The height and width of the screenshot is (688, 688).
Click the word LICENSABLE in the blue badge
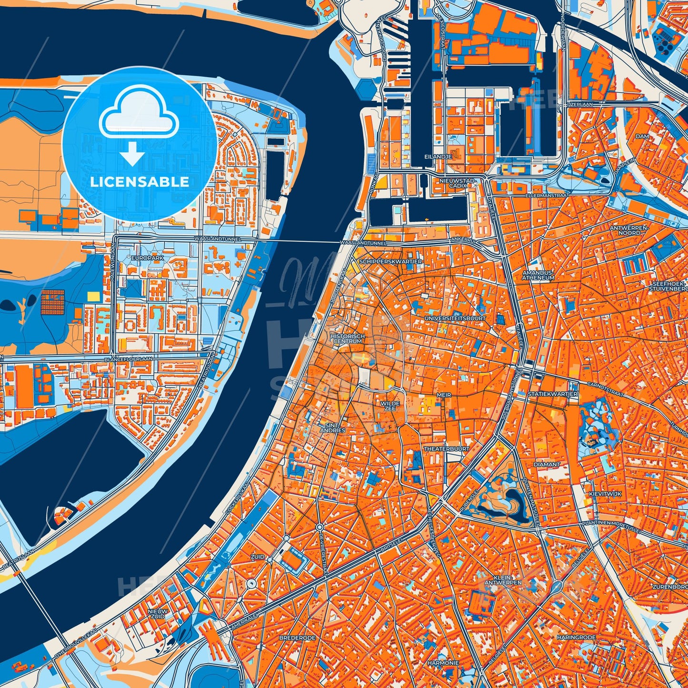140,182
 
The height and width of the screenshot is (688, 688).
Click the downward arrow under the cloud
133,154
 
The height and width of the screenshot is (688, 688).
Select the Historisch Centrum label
348,339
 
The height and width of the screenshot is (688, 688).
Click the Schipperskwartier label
390,261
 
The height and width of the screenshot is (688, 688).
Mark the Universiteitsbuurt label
455,318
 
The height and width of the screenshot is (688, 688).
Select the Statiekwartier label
552,394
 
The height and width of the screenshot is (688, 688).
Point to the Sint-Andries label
332,428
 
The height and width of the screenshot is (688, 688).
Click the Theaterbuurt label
447,449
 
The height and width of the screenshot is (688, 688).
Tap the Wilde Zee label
390,406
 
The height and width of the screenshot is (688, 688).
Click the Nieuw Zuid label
157,613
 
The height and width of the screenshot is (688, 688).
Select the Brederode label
297,638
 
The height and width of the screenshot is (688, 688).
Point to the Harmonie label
443,663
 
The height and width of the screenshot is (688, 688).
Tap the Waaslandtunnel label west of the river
218,238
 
